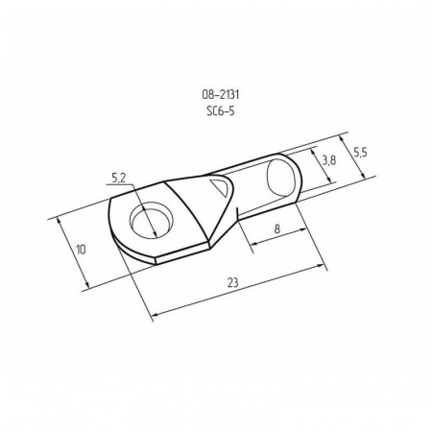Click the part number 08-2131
point(221,95)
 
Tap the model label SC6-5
point(221,111)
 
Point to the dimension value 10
point(82,250)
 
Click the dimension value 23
point(232,282)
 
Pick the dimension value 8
point(277,228)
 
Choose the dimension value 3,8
point(329,160)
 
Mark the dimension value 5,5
point(360,153)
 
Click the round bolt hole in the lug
point(151,220)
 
